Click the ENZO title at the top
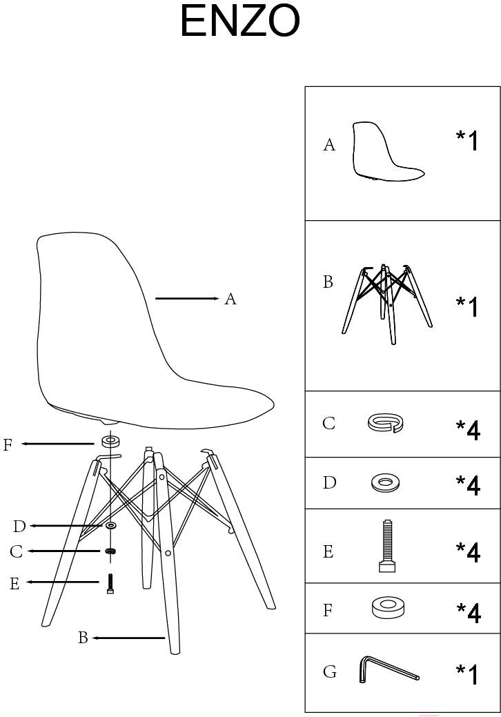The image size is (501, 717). (x=239, y=21)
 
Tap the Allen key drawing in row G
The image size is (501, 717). (x=388, y=670)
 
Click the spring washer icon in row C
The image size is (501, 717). (x=386, y=422)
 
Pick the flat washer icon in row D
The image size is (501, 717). (x=386, y=482)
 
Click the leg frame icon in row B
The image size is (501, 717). (x=387, y=303)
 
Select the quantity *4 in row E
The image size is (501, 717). (x=468, y=552)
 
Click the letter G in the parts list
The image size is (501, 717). (x=330, y=671)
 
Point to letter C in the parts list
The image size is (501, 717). (x=329, y=423)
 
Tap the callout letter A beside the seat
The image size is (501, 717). (x=230, y=299)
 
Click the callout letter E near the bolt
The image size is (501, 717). (x=14, y=584)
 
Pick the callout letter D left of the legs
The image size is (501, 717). (x=19, y=527)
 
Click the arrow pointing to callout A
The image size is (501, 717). (x=187, y=299)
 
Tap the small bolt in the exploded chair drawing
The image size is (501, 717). (x=110, y=584)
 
